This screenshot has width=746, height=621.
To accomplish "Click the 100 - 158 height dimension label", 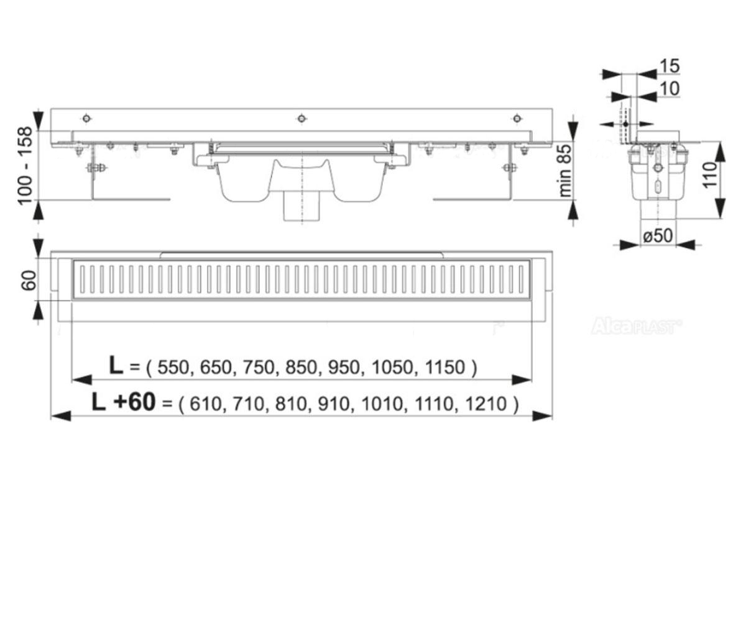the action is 25,166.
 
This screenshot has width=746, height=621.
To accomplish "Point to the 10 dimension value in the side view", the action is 669,89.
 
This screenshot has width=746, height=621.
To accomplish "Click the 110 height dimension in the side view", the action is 711,175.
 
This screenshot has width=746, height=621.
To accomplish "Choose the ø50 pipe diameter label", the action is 658,236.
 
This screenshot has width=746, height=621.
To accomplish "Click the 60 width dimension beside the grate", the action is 29,280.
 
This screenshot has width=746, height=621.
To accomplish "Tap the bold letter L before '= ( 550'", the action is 116,366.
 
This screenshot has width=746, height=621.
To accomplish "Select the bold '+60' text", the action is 134,402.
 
